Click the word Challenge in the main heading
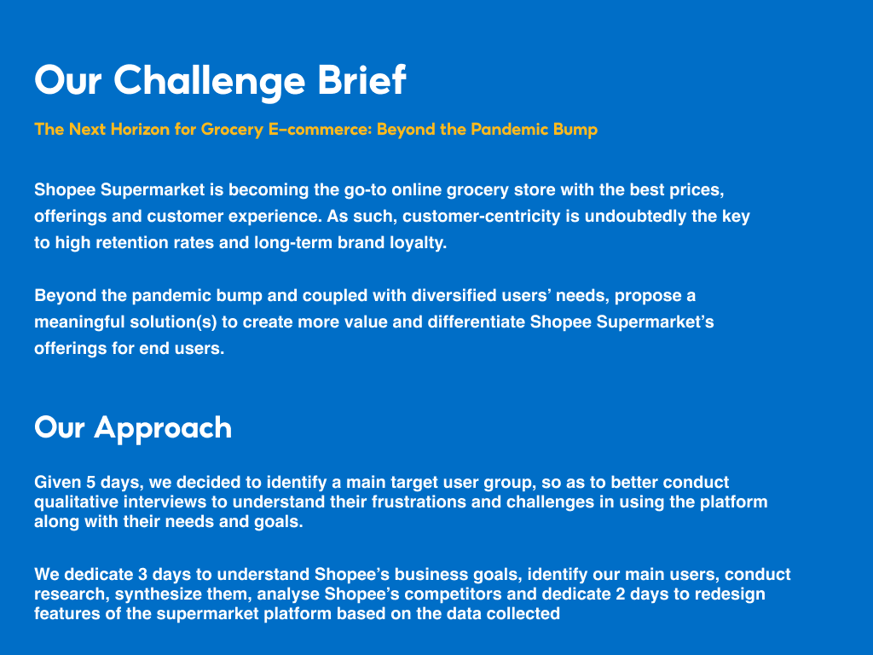click(210, 81)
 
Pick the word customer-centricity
click(482, 216)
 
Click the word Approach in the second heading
click(163, 429)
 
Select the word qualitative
click(76, 502)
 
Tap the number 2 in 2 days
click(621, 594)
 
